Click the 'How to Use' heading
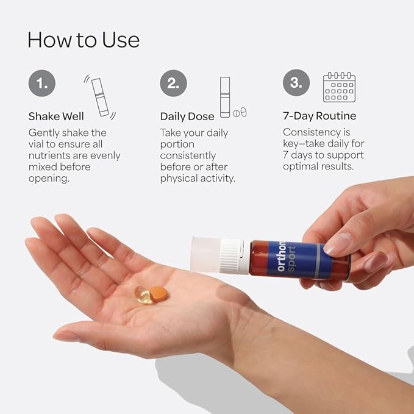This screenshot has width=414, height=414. point(84,40)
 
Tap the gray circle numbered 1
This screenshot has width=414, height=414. point(42,83)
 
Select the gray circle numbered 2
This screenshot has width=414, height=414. point(174,83)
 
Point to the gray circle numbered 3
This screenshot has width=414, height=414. point(296,83)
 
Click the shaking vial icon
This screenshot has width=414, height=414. point(100,97)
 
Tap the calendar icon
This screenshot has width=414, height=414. point(339,87)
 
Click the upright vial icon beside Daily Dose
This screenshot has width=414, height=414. point(225,97)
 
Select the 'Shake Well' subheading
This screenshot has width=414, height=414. point(56,116)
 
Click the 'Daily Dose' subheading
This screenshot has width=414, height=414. point(187,116)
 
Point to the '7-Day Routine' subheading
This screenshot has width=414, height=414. point(319,116)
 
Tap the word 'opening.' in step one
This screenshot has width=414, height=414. point(49,179)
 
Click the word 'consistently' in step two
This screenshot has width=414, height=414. point(188,155)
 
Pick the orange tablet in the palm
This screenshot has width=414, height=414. point(159,294)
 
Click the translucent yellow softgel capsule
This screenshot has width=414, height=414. point(143,295)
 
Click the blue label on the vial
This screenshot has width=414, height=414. point(299,260)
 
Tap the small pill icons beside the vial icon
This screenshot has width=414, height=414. point(240,112)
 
